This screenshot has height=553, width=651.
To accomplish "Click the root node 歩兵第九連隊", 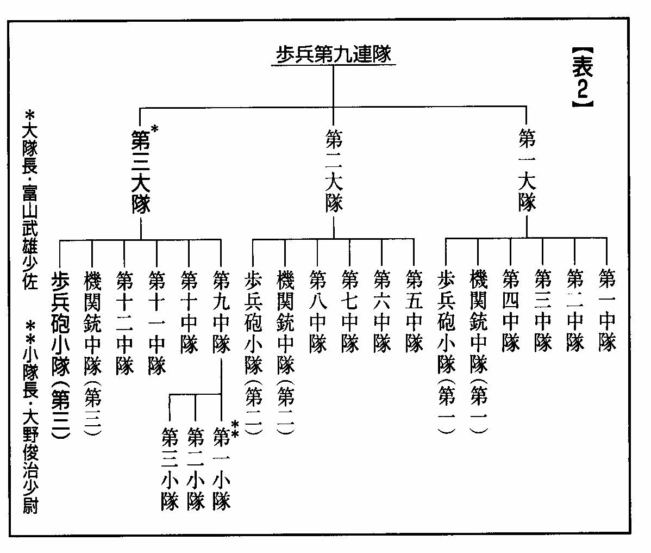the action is pos(334,54).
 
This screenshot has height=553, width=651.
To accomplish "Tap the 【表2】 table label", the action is pos(583,77).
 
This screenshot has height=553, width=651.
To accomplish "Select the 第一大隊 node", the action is pos(527,170).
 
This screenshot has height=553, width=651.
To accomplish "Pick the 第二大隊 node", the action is pos(334,170).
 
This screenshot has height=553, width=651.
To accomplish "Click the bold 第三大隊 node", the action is pos(141,172).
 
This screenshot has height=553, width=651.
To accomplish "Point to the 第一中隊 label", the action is pos(607,309).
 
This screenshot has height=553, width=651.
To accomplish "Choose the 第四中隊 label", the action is pos(510,309).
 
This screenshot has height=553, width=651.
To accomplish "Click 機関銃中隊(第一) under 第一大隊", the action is pos(478,351).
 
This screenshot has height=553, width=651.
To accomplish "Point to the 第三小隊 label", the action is pos(170,469).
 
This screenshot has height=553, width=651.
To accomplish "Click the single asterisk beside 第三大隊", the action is pos(154,129).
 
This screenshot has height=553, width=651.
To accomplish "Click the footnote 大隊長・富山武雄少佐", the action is pos(30,200).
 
